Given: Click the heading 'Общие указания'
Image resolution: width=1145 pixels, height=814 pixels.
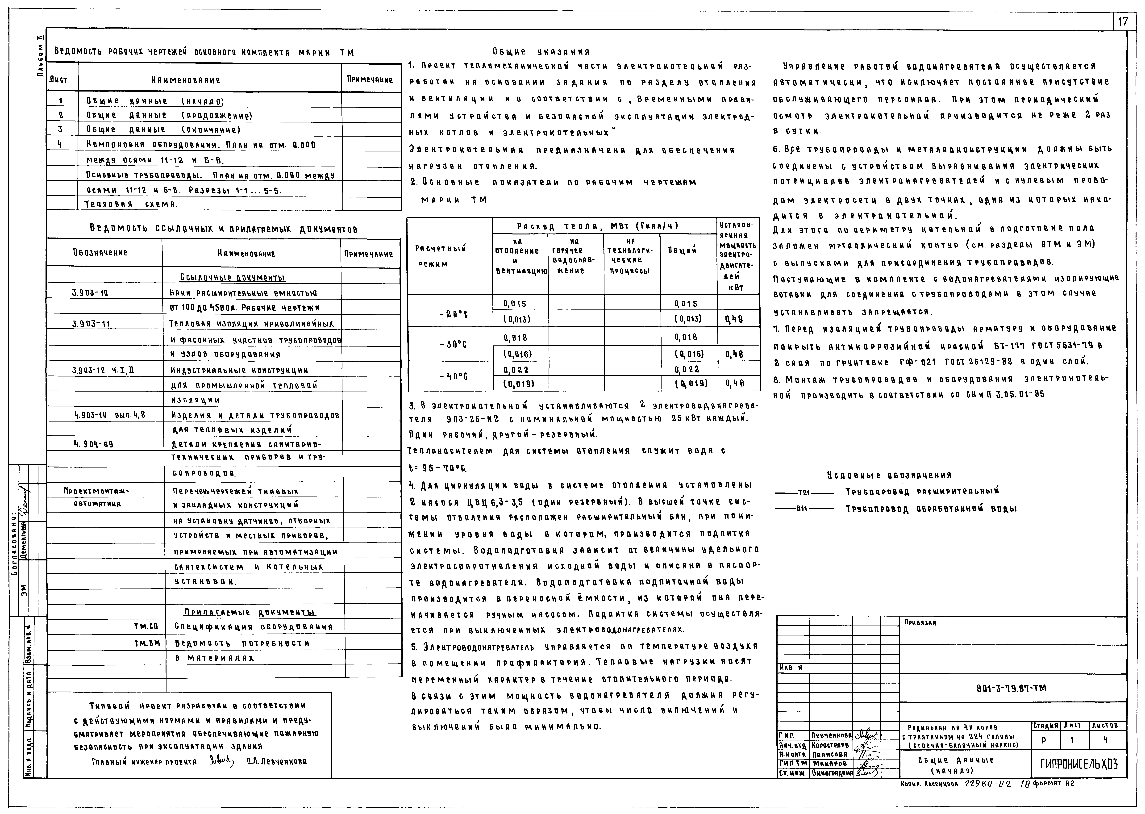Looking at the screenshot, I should (x=541, y=52).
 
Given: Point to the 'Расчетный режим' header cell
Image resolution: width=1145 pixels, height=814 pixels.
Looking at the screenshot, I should (x=441, y=256).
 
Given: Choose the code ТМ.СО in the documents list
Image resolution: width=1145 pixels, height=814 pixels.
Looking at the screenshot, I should (x=146, y=626).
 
